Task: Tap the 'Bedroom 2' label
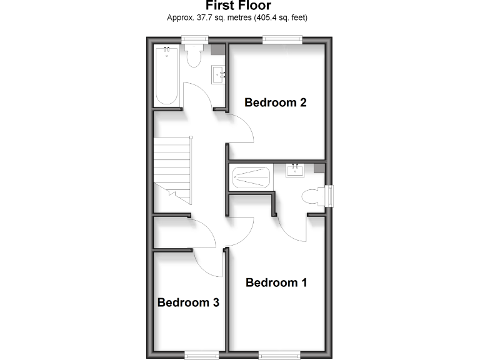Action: [x=275, y=102]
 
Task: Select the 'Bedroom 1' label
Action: [x=276, y=282]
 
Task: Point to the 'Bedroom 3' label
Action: [x=188, y=302]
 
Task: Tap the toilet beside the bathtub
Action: [x=194, y=55]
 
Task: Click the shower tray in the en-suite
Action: [x=251, y=177]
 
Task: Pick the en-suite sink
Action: [x=295, y=169]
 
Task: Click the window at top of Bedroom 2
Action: [x=282, y=40]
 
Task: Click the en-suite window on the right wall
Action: [x=329, y=196]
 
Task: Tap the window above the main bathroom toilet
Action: [x=194, y=40]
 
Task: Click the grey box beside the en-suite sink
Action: [x=319, y=167]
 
